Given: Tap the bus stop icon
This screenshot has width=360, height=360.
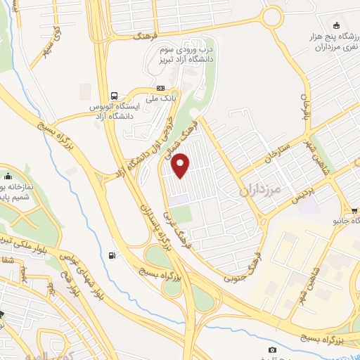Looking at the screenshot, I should click(x=113, y=96).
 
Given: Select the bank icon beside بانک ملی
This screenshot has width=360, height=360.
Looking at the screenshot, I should click(x=161, y=89).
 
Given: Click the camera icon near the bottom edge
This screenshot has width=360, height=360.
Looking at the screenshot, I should click(x=272, y=349).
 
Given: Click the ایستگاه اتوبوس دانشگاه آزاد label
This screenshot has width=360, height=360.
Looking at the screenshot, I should click(x=115, y=110).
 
